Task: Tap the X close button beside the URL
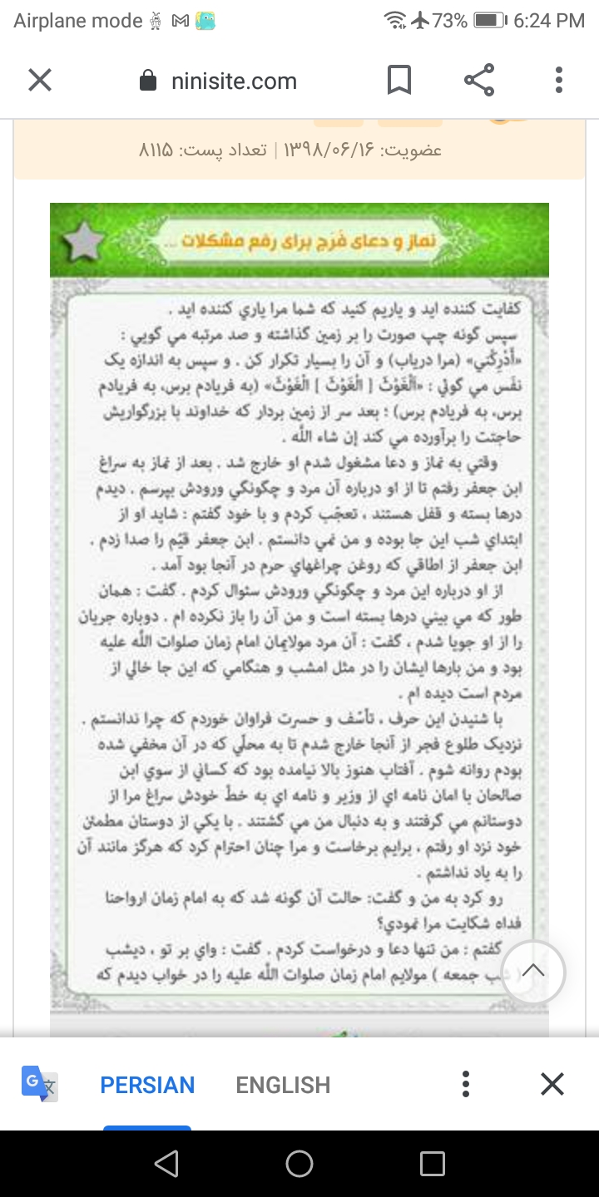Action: (40, 81)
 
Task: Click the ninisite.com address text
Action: (234, 81)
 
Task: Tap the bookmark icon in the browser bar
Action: (399, 81)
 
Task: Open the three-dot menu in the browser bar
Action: (559, 81)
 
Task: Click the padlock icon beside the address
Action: (149, 81)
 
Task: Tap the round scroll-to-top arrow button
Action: (533, 970)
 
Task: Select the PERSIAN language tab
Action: (147, 1085)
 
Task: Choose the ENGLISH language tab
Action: (283, 1085)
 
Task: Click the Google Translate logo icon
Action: (39, 1084)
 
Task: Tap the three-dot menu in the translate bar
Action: (466, 1084)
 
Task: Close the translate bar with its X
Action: (552, 1084)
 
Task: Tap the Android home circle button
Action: (299, 1164)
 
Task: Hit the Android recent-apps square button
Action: (432, 1164)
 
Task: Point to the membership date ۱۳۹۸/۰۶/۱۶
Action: (329, 150)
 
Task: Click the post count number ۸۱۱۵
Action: (156, 150)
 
